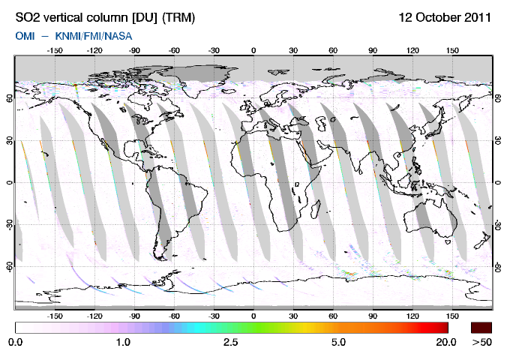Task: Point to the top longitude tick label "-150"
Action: (x=55, y=51)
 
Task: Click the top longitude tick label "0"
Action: (x=253, y=51)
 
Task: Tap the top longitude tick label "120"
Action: (x=412, y=51)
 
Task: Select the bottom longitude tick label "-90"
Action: (x=134, y=316)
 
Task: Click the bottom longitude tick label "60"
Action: (x=333, y=316)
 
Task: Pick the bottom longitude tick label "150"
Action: (x=452, y=316)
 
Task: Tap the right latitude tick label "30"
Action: (x=499, y=139)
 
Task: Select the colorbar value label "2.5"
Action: (x=230, y=343)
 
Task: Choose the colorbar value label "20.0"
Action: (x=445, y=343)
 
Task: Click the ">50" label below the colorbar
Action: (x=481, y=343)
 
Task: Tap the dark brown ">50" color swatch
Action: (x=481, y=327)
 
